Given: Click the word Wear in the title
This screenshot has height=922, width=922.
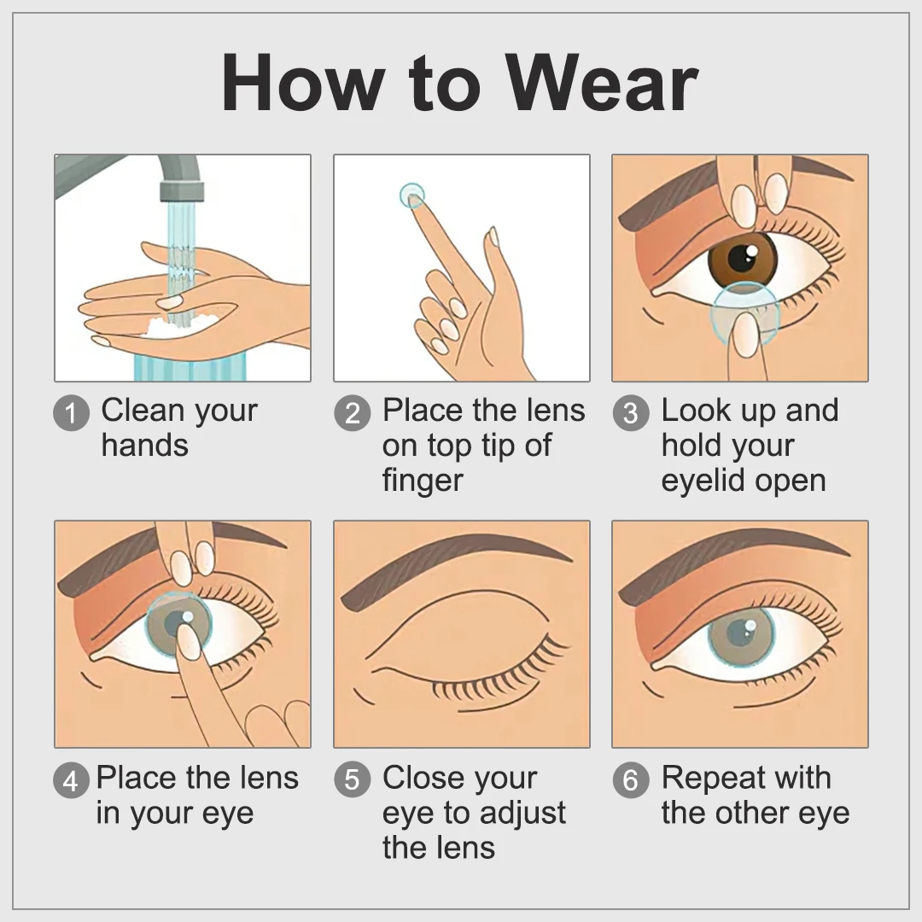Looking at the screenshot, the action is [602, 84].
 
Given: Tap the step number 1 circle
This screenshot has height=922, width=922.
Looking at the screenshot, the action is [71, 413].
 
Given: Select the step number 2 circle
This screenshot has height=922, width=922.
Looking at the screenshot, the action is [353, 413].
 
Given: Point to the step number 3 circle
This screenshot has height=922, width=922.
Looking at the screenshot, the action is [631, 413].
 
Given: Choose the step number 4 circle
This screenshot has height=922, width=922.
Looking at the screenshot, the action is [71, 779].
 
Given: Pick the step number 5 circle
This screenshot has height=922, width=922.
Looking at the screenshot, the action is [353, 779].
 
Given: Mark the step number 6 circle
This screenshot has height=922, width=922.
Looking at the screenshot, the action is [631, 779].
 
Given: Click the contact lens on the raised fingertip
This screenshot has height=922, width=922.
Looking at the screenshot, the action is [411, 195].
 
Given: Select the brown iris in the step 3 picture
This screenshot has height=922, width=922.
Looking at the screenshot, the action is [743, 258].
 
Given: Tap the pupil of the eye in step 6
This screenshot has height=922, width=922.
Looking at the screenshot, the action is [739, 633].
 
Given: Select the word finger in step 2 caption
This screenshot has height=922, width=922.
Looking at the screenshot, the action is [423, 481].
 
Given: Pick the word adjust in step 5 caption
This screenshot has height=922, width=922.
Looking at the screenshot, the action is [522, 814].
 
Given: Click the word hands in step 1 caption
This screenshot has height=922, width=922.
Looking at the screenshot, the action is [144, 445].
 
